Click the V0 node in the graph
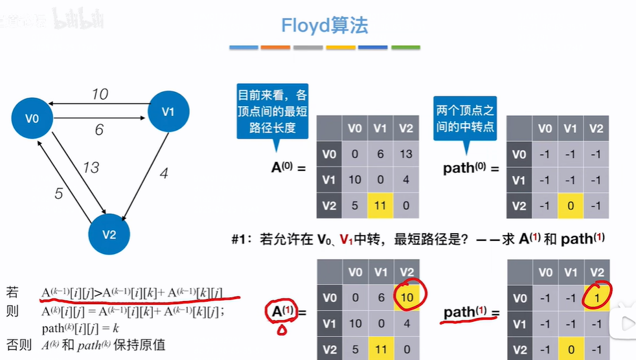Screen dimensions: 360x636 coord(32,118)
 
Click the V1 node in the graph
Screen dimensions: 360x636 coord(168,112)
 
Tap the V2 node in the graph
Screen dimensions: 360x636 coord(109,234)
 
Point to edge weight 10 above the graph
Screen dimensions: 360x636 coord(99,95)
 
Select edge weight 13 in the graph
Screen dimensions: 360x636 coord(90,168)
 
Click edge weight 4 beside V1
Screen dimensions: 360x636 coord(163,174)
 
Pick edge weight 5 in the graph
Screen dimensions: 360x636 coord(59,193)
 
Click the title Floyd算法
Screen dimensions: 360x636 coord(324,25)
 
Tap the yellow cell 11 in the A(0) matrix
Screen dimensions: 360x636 coord(380,205)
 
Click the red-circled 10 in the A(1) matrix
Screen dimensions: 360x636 coord(406,297)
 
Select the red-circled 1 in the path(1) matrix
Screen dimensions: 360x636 coord(596,297)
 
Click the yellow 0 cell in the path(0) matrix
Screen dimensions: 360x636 coord(570,205)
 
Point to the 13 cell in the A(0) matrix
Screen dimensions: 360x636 coord(406,154)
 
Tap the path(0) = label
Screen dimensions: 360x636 coord(471,168)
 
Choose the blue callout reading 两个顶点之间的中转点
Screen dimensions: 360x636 coord(464,118)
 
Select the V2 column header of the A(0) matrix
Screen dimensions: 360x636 coord(406,128)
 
